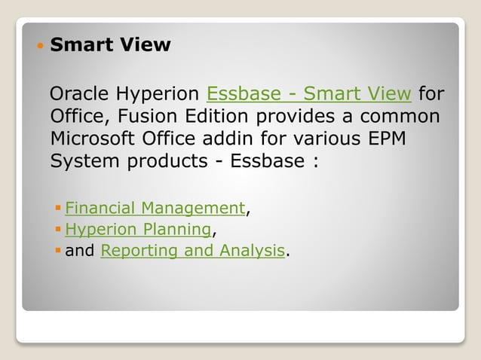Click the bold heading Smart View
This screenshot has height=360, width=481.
click(x=110, y=45)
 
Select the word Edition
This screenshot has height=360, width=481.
click(x=218, y=117)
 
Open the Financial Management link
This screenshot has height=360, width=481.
click(x=155, y=208)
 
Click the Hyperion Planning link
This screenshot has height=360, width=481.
click(x=138, y=229)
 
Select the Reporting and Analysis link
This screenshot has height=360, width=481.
click(x=193, y=250)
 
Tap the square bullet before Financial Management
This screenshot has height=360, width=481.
click(x=58, y=209)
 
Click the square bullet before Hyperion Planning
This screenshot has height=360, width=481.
click(x=58, y=230)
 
